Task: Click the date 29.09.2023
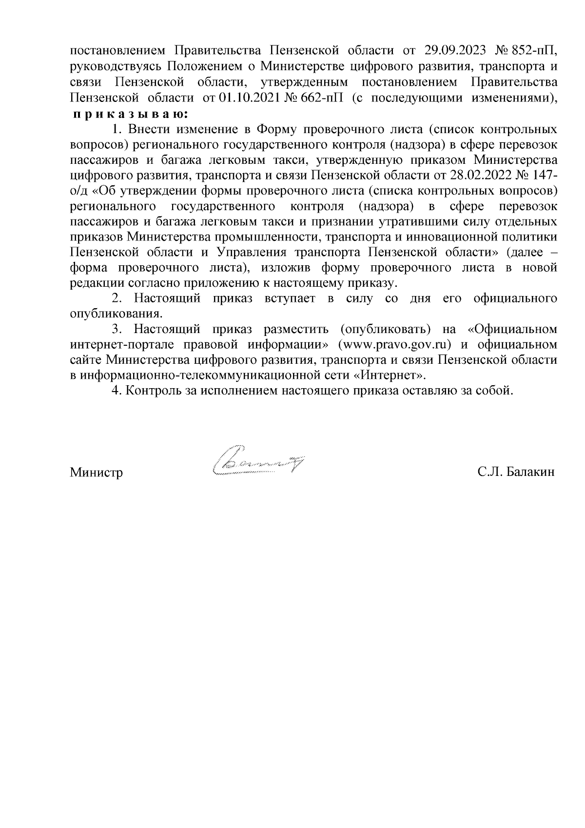pyautogui.click(x=454, y=50)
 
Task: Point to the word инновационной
pyautogui.click(x=452, y=237)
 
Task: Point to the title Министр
pyautogui.click(x=97, y=473)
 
